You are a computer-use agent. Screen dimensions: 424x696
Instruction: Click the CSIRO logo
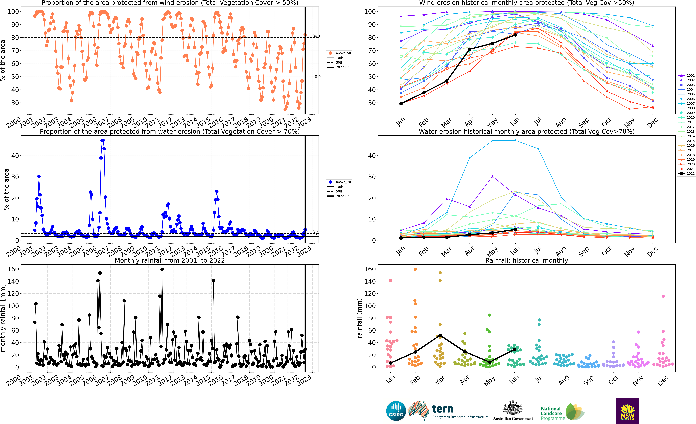[396, 411]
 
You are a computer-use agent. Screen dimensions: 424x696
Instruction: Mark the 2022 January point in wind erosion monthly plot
[401, 104]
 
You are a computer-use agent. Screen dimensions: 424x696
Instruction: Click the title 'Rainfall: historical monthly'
[527, 260]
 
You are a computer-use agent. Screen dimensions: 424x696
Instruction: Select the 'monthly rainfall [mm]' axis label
[3, 318]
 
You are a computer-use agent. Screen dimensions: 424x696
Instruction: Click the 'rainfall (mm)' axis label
[360, 318]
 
